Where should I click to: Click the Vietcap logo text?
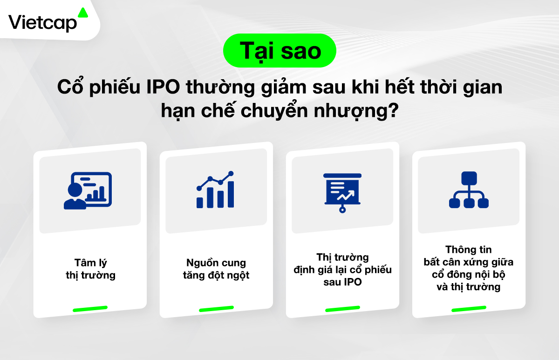[43, 23]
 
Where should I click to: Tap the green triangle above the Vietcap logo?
[83, 13]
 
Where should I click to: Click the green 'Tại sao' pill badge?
[279, 50]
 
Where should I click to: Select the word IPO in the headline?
[163, 87]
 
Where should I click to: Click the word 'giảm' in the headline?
[284, 88]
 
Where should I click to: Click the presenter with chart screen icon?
[88, 190]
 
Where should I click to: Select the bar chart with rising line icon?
[215, 190]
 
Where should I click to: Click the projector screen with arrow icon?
[342, 193]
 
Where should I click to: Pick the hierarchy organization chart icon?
[469, 190]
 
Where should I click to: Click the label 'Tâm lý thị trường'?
[90, 269]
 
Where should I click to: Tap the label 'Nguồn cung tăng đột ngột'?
[216, 269]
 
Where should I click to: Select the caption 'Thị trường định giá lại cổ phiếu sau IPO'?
[343, 270]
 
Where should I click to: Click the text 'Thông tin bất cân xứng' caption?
[469, 256]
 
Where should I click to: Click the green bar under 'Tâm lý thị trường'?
[90, 309]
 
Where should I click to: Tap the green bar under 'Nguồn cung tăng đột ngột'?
[216, 309]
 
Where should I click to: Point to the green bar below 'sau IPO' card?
[343, 309]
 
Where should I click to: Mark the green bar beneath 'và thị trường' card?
[469, 309]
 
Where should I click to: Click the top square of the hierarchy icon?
[469, 178]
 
